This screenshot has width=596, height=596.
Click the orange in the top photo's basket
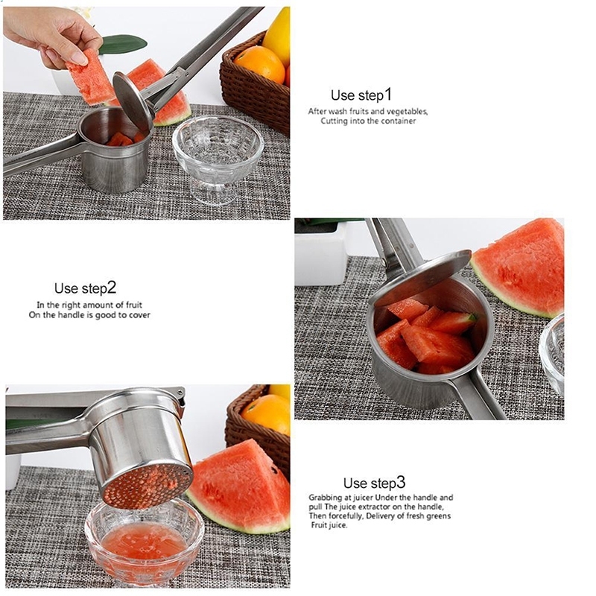[x=259, y=64]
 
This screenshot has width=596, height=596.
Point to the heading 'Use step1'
[x=361, y=95]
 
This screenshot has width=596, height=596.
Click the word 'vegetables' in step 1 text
[x=407, y=111]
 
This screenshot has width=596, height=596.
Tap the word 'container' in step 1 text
[x=399, y=121]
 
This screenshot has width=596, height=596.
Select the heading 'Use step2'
[x=85, y=288]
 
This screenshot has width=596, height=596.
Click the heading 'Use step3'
[x=375, y=483]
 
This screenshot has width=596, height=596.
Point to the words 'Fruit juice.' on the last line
[x=329, y=525]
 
